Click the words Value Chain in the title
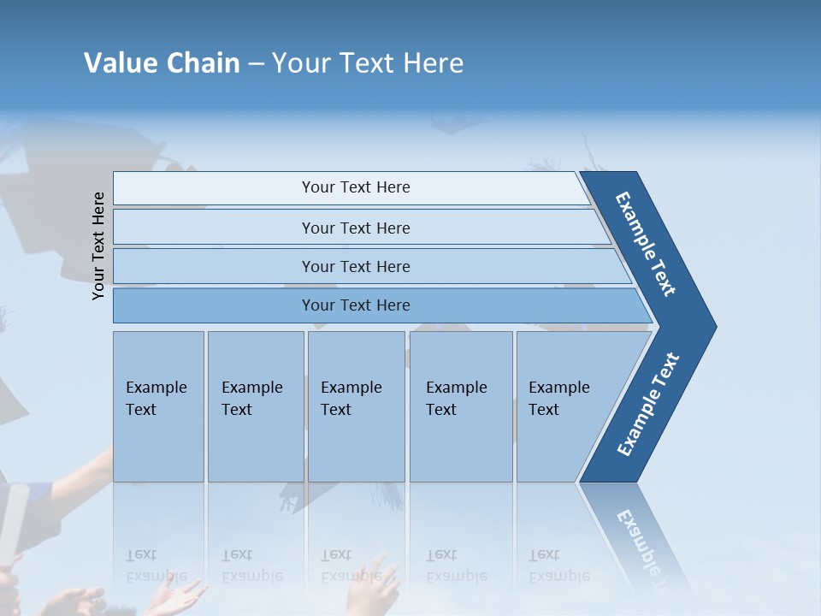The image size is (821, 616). [x=162, y=63]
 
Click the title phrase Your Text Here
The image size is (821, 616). [x=368, y=63]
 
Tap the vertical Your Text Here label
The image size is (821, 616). [x=98, y=246]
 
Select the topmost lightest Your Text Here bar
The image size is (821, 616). [x=355, y=187]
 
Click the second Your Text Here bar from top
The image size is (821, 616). [x=355, y=228]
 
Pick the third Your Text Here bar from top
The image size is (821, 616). [x=355, y=266]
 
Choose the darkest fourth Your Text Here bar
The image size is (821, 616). [x=355, y=305]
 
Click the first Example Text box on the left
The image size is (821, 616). [x=158, y=406]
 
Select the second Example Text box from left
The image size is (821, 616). [x=255, y=406]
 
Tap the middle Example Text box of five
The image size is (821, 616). [x=356, y=406]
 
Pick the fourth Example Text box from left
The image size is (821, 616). [x=460, y=406]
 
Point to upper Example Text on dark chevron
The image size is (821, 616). [x=647, y=244]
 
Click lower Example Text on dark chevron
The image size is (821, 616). [x=648, y=405]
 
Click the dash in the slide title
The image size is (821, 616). [x=256, y=64]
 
